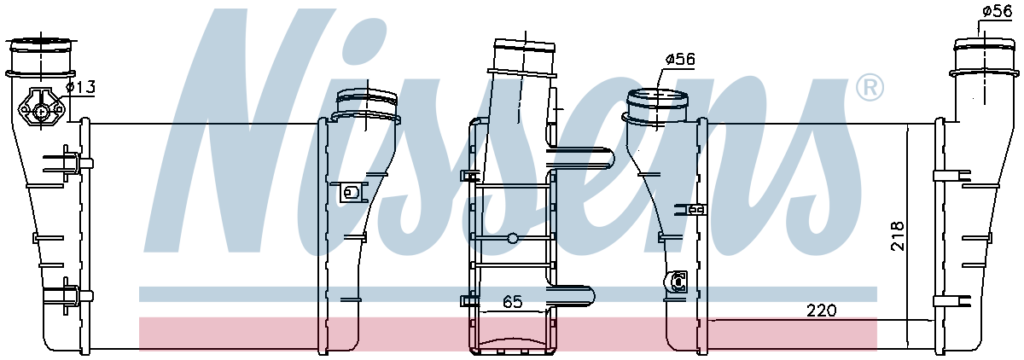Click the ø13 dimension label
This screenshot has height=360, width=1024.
[80, 86]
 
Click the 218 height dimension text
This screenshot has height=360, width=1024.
[898, 235]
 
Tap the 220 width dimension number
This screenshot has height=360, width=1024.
[822, 311]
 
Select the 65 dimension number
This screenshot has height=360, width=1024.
[512, 301]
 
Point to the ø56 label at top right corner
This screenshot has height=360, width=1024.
[998, 11]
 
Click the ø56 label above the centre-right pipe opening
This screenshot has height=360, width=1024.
[680, 59]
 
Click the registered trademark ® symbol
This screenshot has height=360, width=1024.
[869, 88]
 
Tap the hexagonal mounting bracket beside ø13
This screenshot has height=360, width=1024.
[42, 107]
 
